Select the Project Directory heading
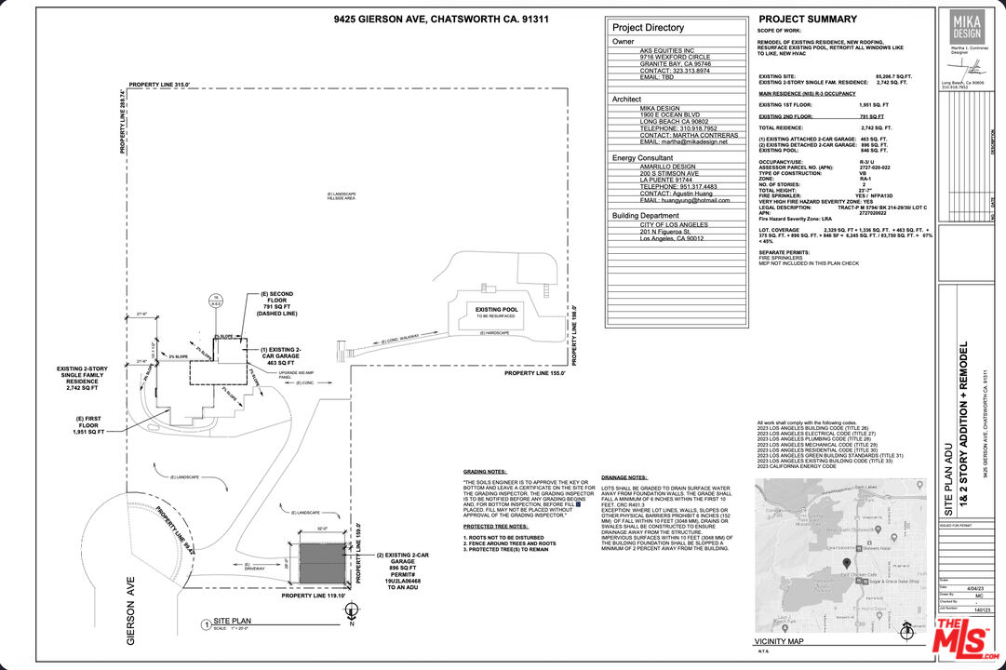tap(648, 28)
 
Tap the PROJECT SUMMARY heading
tap(808, 20)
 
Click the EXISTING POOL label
tap(494, 309)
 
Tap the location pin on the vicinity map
tap(846, 563)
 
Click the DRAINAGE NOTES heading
tap(624, 476)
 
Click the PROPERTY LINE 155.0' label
tap(535, 372)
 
